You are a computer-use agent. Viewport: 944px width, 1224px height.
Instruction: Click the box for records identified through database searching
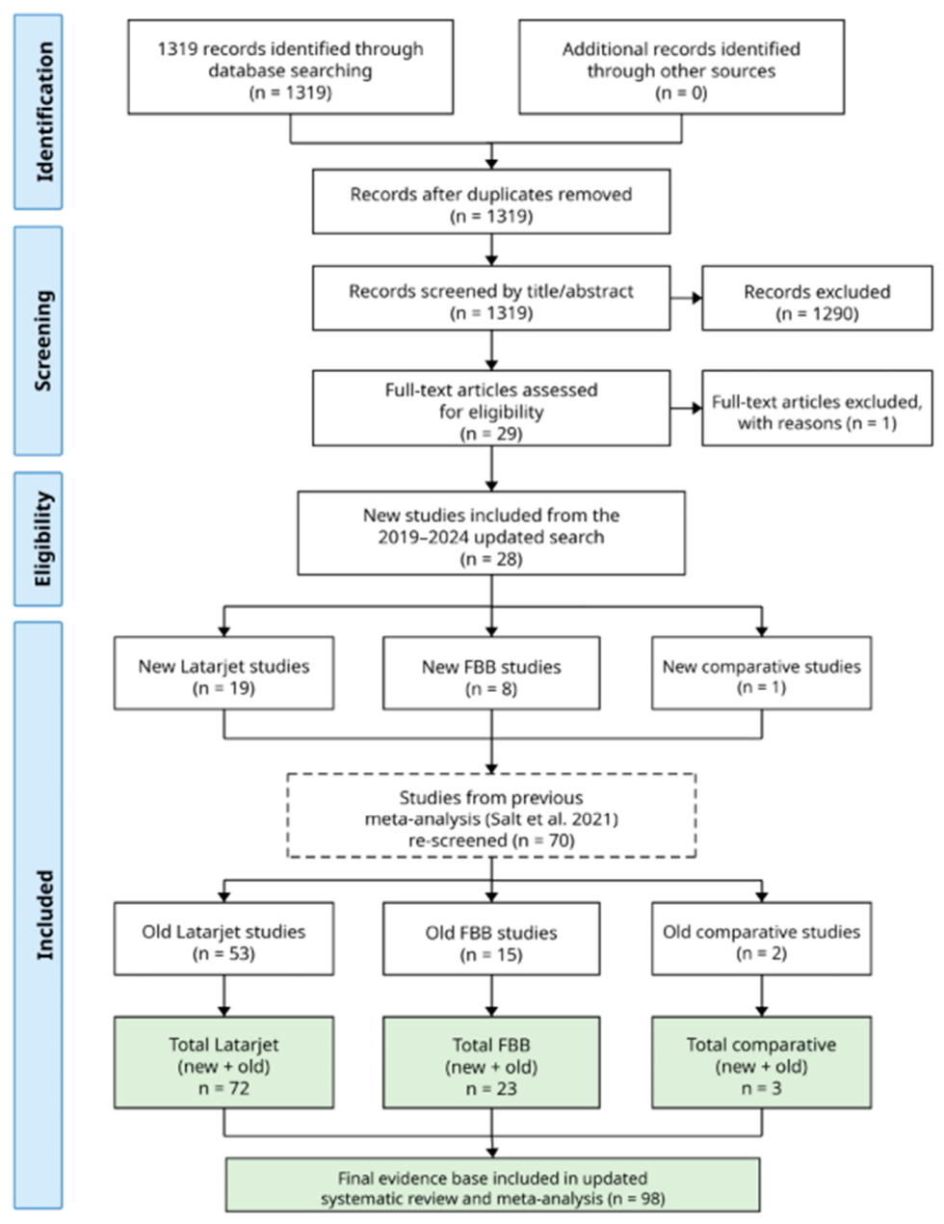tap(291, 67)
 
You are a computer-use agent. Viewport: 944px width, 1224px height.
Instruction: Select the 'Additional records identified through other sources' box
tap(682, 67)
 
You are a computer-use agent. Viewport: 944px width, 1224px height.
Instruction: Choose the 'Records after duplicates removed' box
tap(491, 201)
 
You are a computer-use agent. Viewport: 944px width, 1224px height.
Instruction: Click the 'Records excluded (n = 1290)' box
tap(817, 298)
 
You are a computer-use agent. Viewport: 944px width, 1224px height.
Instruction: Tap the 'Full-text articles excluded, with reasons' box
tap(817, 409)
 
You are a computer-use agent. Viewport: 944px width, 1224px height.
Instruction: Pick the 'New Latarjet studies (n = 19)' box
tap(224, 673)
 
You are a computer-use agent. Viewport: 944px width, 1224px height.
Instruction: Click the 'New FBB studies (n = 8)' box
tap(491, 673)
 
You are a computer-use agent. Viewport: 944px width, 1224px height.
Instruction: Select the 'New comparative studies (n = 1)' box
tap(762, 673)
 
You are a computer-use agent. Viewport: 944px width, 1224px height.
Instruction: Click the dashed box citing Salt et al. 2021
tap(491, 815)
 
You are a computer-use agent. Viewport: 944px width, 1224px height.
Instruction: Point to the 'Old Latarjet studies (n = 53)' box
tap(224, 939)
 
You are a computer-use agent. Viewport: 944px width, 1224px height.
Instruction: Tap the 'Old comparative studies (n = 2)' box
tap(762, 939)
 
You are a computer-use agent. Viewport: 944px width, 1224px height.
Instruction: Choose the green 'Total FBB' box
tap(491, 1063)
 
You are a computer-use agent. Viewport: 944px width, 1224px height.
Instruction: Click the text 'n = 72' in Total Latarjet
tap(224, 1088)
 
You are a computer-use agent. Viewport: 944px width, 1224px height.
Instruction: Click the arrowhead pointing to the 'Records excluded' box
tap(696, 298)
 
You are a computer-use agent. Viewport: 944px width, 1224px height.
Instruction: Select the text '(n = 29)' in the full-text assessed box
tap(491, 433)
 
